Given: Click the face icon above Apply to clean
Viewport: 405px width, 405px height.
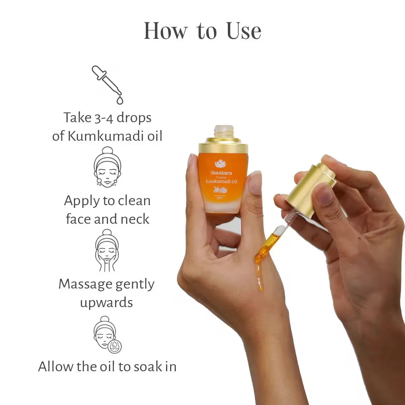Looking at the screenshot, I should pos(107,167).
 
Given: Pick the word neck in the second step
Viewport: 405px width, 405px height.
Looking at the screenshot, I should pos(135,219).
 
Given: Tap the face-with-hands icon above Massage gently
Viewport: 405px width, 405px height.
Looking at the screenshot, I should pos(107,250).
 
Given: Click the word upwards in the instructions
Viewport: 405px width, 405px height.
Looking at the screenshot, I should pos(106,302).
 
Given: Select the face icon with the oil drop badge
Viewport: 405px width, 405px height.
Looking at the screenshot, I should pos(107,334).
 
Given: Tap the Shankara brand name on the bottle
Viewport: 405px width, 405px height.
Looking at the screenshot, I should pos(221,173).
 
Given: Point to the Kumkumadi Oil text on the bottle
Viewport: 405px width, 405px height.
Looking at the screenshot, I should pos(221,182).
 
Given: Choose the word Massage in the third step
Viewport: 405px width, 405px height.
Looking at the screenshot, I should pos(81,284).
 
